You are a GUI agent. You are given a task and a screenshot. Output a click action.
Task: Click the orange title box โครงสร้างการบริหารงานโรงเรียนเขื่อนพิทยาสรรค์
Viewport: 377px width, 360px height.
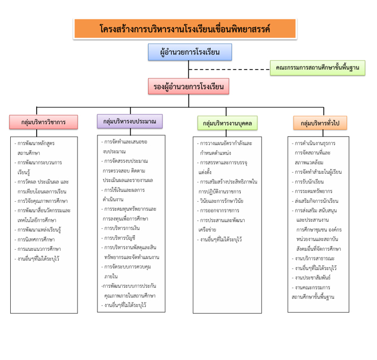pos(185,29)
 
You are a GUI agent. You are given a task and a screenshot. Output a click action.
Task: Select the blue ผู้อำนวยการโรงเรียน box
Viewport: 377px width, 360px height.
pos(190,52)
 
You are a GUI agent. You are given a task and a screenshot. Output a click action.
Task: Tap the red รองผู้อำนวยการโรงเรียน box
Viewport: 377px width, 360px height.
pos(189,86)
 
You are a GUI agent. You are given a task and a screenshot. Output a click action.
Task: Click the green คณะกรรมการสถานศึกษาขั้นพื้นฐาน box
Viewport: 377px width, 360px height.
pos(318,68)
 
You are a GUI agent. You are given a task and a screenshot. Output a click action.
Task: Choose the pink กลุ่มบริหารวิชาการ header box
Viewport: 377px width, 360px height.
pos(43,122)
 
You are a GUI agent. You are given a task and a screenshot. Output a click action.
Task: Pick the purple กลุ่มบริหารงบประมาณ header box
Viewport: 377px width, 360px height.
pos(129,122)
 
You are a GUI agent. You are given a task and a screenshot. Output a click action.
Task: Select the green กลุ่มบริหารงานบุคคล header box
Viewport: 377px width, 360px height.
pos(227,123)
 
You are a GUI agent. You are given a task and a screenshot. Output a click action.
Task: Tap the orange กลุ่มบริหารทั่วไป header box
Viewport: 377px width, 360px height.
pos(320,123)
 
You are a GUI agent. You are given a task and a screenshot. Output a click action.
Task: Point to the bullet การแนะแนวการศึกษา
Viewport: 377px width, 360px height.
pos(39,249)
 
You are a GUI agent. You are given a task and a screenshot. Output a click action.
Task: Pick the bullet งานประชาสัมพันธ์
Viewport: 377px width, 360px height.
pos(313,277)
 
